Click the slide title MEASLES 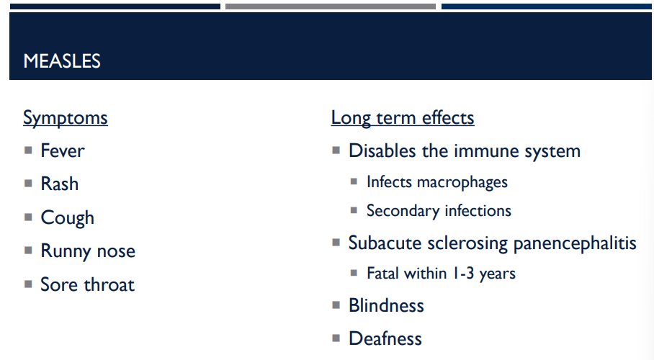pos(62,61)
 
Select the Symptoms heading pos(66,118)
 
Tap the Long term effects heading pos(403,118)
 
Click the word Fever pos(63,151)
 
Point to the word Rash pos(60,184)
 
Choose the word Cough pos(68,217)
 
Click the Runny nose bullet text pos(88,251)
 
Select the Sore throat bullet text pos(88,284)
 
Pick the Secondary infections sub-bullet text pos(439,211)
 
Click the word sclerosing pos(468,243)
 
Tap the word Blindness pos(386,305)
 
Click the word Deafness pos(385,338)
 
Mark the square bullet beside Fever pos(28,150)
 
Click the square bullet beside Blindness pos(336,305)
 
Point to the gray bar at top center pos(330,6)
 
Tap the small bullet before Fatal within pos(354,273)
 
